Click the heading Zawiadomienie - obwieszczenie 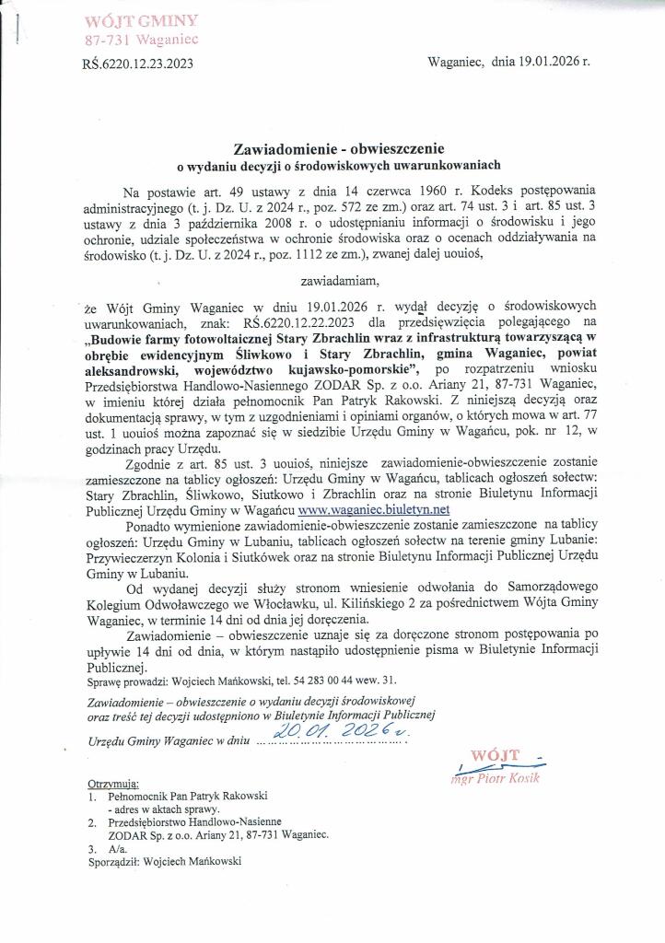pyautogui.click(x=340, y=147)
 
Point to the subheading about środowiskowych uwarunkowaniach pyautogui.click(x=338, y=166)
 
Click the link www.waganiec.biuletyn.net pyautogui.click(x=373, y=508)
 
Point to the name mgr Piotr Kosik pyautogui.click(x=501, y=778)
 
